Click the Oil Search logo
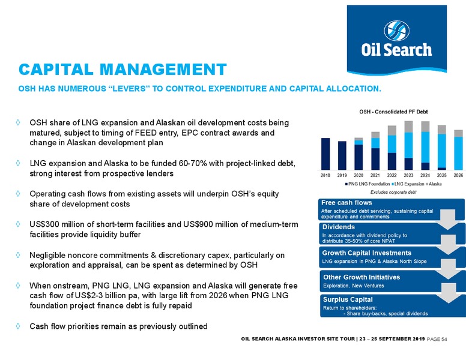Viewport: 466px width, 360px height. point(397,40)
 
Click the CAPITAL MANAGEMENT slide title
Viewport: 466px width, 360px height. point(123,70)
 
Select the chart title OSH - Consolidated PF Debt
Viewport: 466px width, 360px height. point(393,112)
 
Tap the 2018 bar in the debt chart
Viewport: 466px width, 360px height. point(325,154)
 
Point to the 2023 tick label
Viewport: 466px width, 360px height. point(408,176)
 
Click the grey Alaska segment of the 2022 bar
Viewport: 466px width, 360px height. point(392,130)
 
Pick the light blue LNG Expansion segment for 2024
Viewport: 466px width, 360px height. point(425,147)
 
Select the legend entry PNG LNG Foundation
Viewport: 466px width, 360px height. point(368,184)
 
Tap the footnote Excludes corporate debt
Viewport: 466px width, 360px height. point(393,192)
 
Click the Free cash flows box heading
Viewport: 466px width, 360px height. point(346,203)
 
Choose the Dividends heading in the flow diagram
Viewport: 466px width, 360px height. point(339,227)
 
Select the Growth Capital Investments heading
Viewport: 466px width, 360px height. point(367,253)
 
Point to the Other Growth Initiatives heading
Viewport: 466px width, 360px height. point(362,277)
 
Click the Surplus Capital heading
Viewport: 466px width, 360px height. point(348,299)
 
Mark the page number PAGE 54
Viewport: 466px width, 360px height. point(437,339)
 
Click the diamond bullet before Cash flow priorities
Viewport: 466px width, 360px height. point(18,326)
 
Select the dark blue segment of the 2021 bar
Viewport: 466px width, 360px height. point(375,159)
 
